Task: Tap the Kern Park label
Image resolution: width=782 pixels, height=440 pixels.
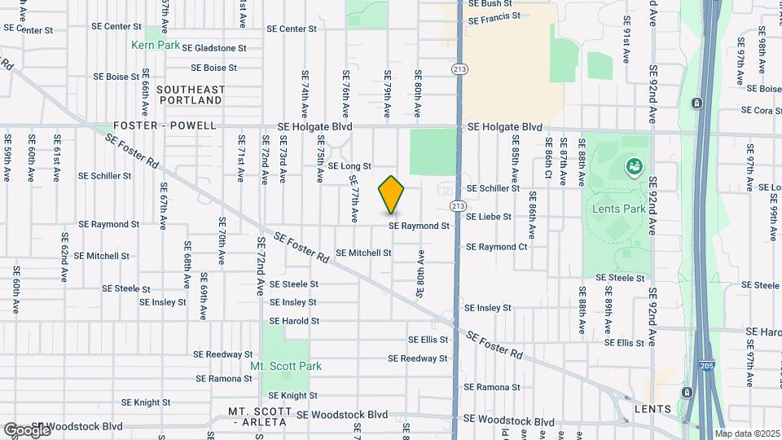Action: (156, 46)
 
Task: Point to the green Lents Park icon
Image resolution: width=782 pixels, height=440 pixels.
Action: (633, 167)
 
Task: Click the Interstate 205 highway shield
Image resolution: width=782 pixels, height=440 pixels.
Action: (706, 367)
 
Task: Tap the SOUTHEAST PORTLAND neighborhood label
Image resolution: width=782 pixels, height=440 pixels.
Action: (189, 95)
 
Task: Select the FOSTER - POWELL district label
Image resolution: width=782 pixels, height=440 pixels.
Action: (165, 125)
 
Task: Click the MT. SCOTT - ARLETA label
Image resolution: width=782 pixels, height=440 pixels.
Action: (258, 416)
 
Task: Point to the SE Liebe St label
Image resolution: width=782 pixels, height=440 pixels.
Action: (488, 217)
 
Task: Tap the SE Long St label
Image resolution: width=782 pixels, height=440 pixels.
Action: (349, 165)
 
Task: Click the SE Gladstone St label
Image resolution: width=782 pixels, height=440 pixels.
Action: (214, 48)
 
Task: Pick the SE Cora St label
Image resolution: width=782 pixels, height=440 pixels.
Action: (762, 111)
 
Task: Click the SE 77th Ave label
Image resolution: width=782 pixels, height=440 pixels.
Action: (354, 199)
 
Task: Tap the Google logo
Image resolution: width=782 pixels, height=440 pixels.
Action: (27, 429)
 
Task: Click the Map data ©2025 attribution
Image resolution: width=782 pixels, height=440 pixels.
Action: (747, 433)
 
